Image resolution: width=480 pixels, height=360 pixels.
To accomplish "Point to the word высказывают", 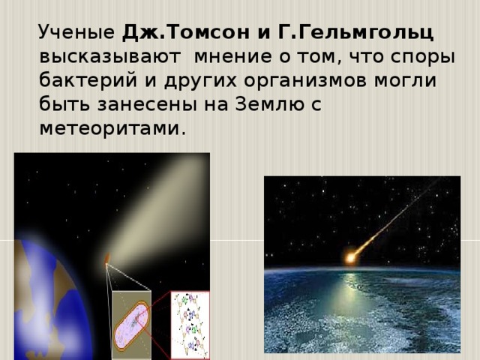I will pos(109,57).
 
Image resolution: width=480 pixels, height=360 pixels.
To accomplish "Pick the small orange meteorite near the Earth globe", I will pos(107,260).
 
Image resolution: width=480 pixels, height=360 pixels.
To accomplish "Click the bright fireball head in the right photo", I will pos(350,259).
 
